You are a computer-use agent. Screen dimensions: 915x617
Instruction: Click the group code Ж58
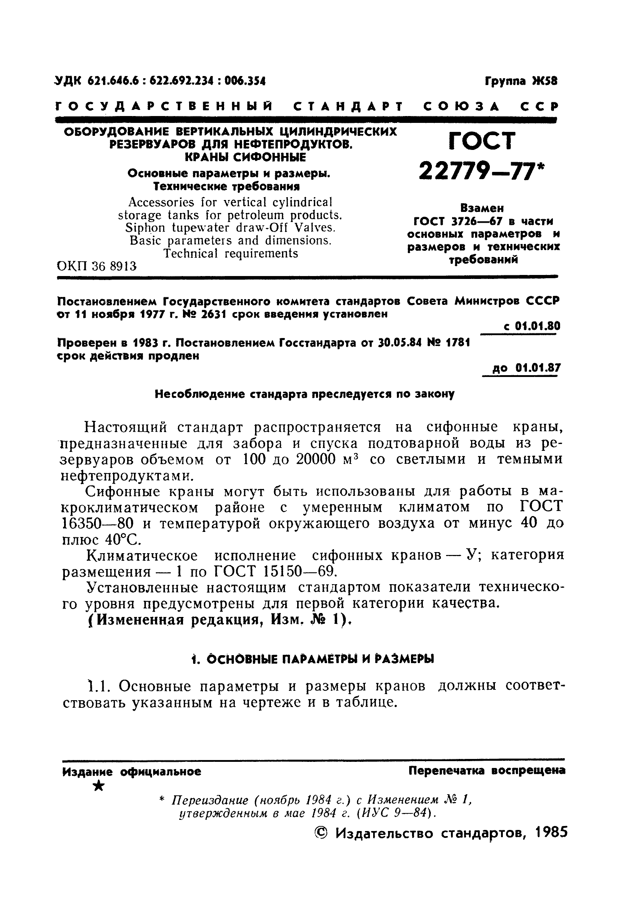point(544,81)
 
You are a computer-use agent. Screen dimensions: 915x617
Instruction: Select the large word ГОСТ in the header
point(482,141)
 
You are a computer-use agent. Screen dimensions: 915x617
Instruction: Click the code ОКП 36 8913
point(97,267)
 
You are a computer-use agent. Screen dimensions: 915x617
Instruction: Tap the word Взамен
point(482,208)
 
